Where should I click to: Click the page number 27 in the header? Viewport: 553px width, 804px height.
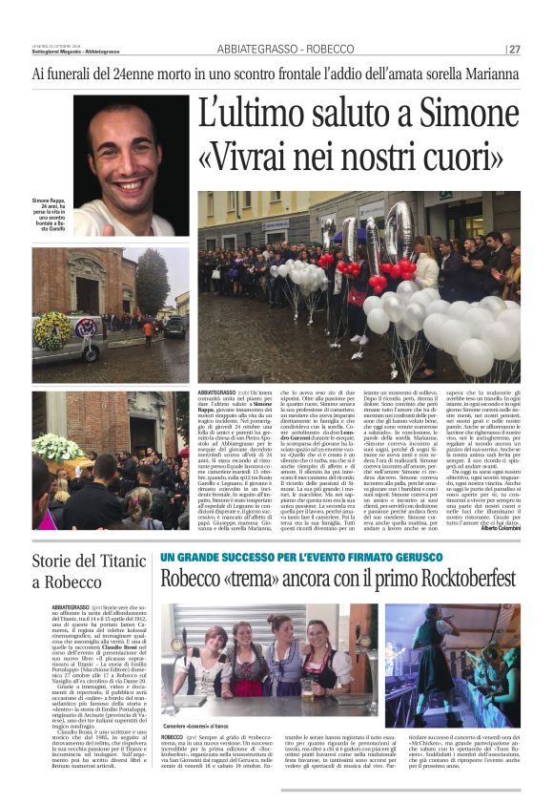pos(513,49)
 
